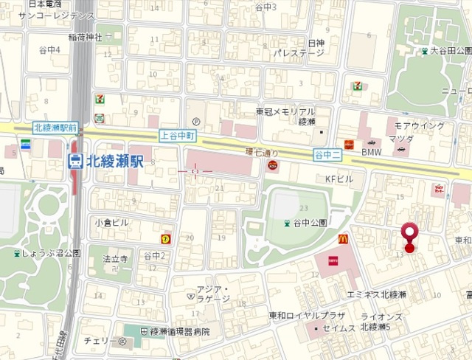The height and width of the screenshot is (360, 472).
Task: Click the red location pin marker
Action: tap(410, 236)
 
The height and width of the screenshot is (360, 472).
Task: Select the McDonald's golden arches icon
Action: tap(343, 239)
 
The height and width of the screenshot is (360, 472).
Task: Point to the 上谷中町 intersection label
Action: tap(178, 136)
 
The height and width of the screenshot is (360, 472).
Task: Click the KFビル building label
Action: tap(340, 179)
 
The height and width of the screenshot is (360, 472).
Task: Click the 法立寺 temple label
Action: tap(116, 259)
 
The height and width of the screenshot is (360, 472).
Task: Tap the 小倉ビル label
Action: tap(111, 222)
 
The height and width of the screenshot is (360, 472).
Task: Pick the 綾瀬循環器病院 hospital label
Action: tap(176, 331)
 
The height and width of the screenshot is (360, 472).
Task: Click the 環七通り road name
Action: tap(259, 151)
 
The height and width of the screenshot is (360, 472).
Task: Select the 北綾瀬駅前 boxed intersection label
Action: tap(55, 128)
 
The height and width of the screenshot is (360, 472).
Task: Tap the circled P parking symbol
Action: tap(195, 122)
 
